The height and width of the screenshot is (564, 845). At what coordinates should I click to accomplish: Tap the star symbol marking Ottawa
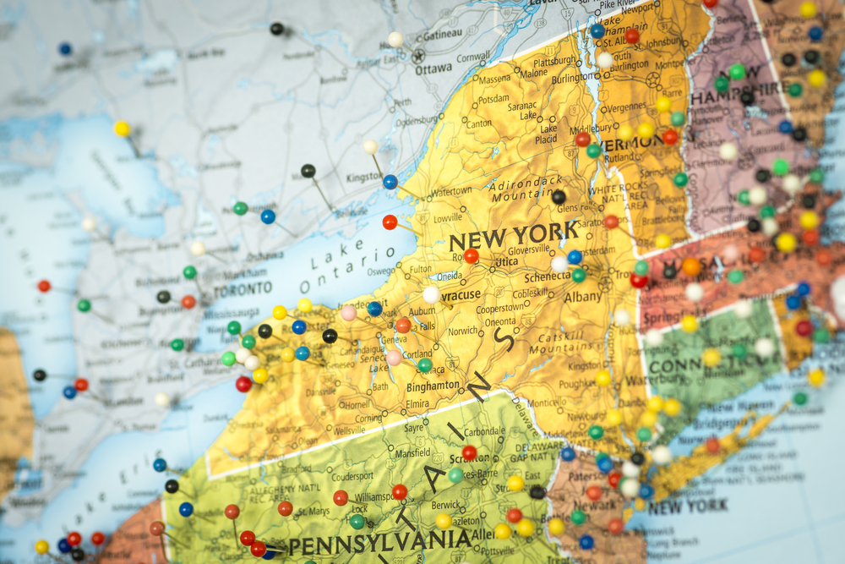[x=418, y=56]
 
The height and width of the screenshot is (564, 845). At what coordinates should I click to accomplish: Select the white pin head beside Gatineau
[x=395, y=39]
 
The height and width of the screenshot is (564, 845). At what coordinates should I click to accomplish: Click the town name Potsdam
[x=493, y=99]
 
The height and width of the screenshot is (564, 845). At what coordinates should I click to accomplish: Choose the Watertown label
[x=451, y=192]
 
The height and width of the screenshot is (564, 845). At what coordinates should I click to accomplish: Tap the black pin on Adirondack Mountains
[x=558, y=197]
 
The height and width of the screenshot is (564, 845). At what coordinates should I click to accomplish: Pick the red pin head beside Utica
[x=471, y=255]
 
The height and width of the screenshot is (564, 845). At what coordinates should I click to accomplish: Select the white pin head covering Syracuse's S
[x=431, y=294]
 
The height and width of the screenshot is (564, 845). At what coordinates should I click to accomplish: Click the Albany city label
[x=583, y=297]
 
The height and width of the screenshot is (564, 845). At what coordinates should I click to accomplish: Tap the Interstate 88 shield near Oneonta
[x=526, y=319]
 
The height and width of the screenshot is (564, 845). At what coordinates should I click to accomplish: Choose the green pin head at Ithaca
[x=424, y=364]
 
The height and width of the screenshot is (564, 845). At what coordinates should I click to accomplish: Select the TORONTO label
[x=243, y=290]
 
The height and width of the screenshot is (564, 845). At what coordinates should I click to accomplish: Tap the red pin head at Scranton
[x=469, y=452]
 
